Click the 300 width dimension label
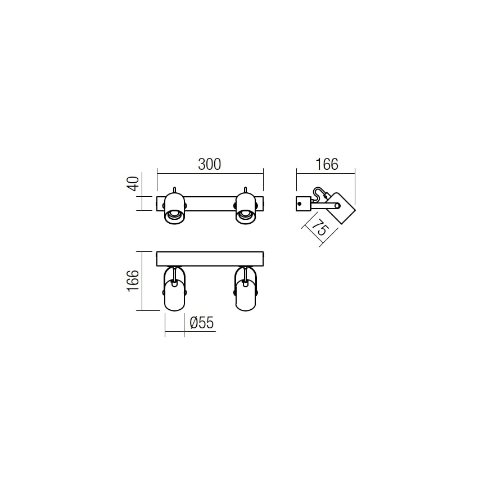click(210, 164)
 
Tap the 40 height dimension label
click(132, 184)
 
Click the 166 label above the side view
click(326, 164)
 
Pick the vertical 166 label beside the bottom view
click(132, 281)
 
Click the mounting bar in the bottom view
click(210, 259)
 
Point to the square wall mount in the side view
click(303, 203)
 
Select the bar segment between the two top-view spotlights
click(210, 203)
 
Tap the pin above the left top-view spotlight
click(174, 189)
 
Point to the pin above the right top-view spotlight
click(245, 189)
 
